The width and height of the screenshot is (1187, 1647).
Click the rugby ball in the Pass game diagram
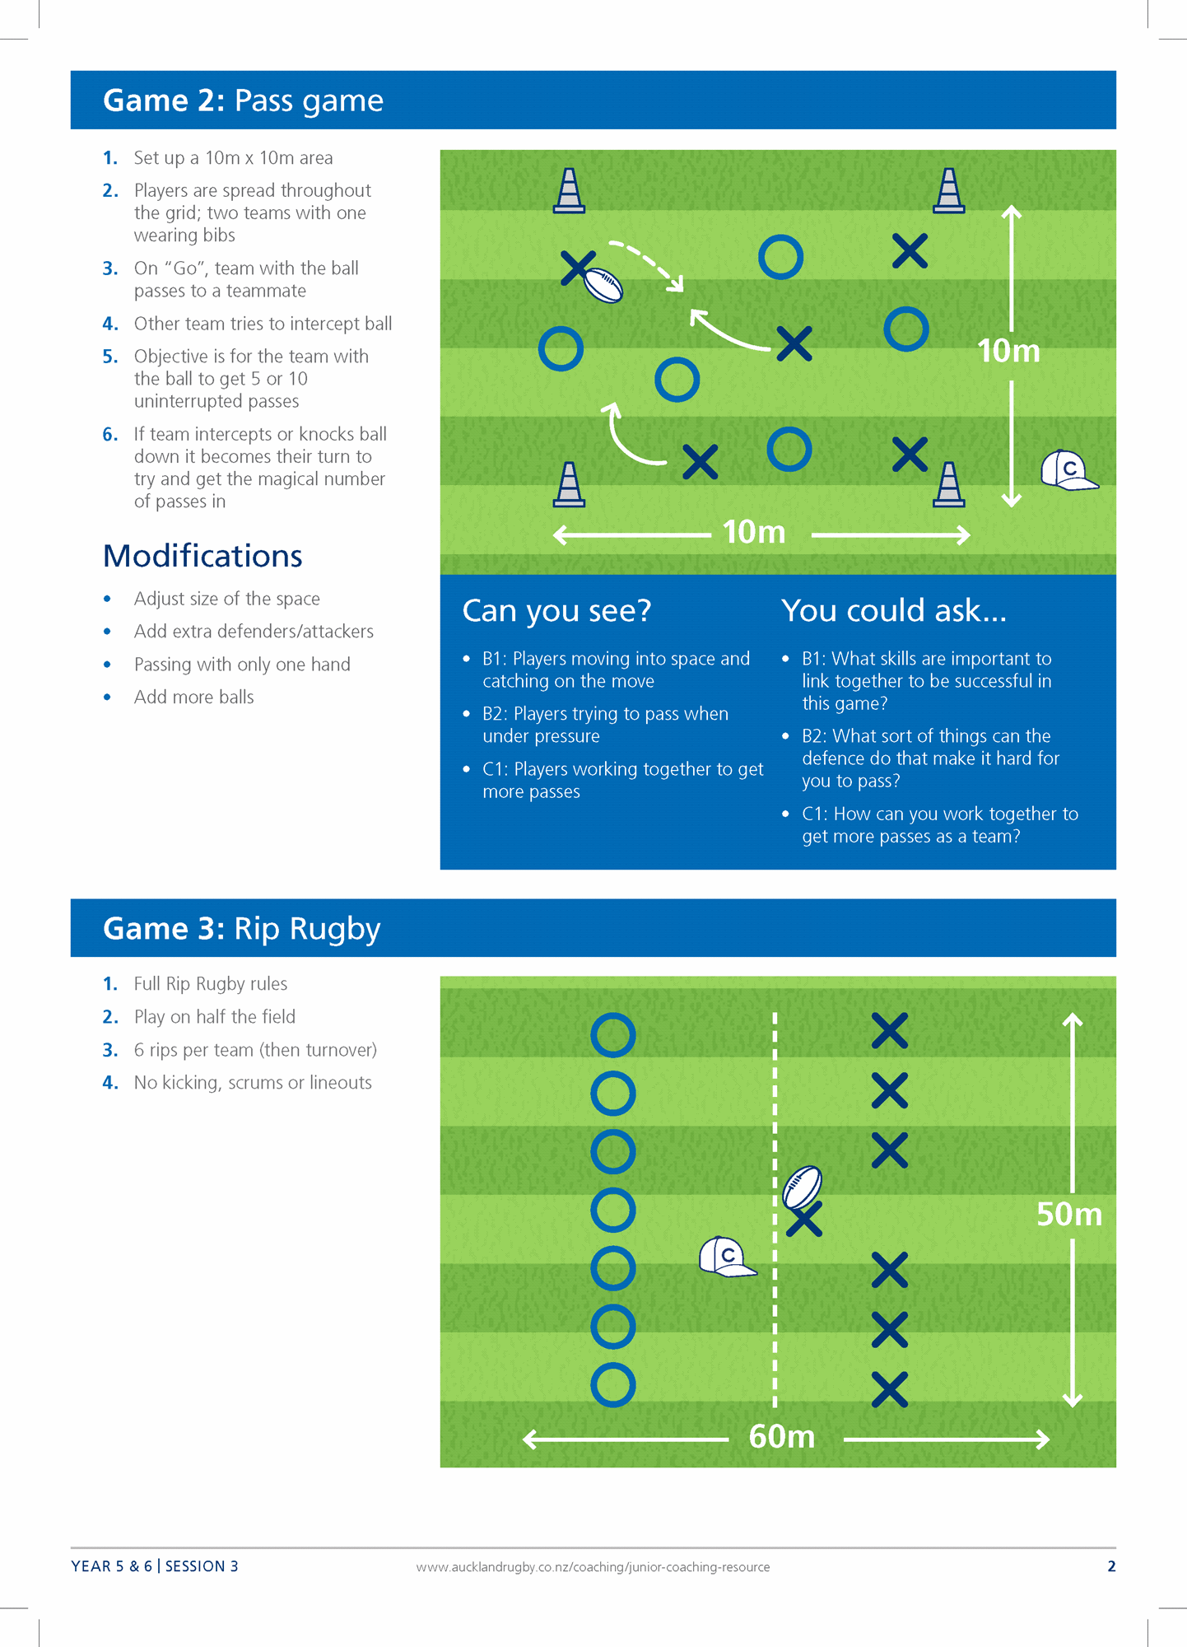(603, 285)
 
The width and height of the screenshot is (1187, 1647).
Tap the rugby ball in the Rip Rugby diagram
(803, 1187)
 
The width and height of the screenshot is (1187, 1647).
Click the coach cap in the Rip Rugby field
(727, 1257)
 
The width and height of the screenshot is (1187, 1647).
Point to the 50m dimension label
(1069, 1214)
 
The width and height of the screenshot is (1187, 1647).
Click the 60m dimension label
(782, 1437)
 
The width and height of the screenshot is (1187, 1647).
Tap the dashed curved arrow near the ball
(647, 264)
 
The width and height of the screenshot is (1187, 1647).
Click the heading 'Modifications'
(202, 556)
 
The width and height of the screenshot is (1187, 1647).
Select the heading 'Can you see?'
(556, 611)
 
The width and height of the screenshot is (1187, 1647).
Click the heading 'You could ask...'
(894, 611)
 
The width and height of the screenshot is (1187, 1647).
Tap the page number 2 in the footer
(1111, 1566)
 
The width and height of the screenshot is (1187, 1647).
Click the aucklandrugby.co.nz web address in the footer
(593, 1567)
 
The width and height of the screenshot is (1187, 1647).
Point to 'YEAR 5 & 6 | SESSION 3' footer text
(155, 1566)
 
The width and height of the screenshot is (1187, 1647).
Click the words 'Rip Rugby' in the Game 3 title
(307, 929)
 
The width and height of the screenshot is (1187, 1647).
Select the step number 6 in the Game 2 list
(110, 434)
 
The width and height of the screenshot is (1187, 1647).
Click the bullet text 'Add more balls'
(194, 697)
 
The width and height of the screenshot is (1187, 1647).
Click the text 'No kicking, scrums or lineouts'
(253, 1083)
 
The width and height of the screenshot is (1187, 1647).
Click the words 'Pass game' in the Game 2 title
(309, 100)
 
